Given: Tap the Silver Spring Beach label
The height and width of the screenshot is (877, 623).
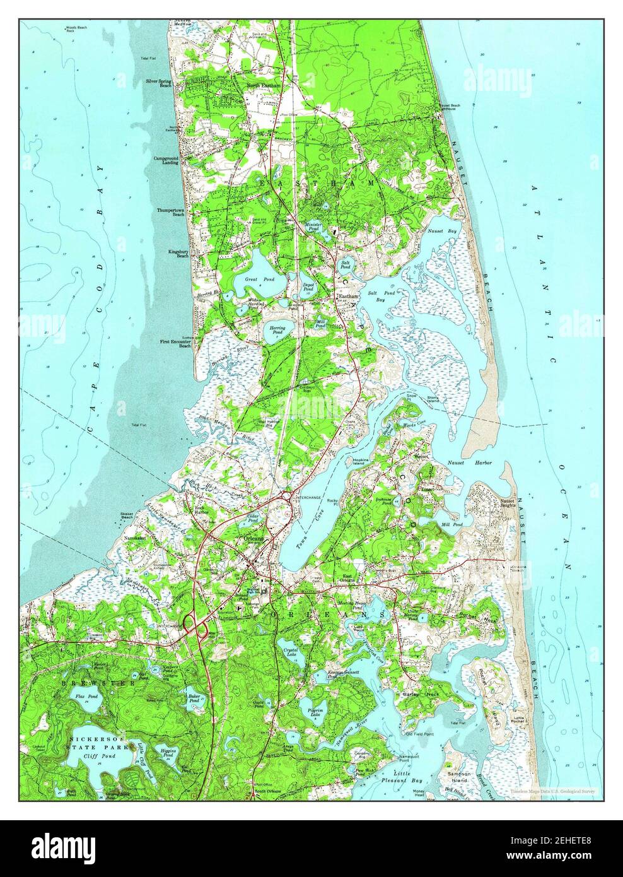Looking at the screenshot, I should click(158, 83).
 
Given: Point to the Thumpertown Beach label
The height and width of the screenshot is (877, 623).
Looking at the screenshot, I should click(171, 212).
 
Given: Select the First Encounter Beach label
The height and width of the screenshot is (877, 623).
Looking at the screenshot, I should click(175, 343).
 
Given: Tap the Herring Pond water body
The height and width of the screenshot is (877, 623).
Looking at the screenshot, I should click(277, 333).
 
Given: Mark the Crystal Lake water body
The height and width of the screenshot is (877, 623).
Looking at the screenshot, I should click(290, 651).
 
